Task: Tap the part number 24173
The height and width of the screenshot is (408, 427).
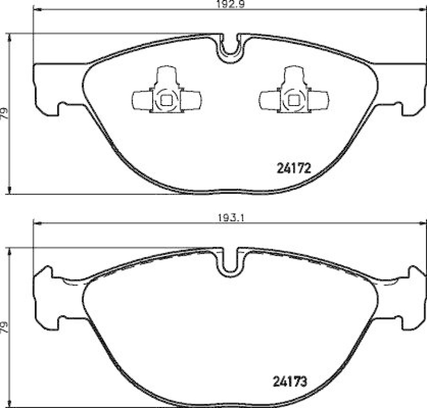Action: pyautogui.click(x=292, y=382)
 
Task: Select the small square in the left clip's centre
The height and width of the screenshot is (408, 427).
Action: pyautogui.click(x=166, y=99)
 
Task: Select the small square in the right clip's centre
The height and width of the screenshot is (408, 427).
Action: pyautogui.click(x=293, y=99)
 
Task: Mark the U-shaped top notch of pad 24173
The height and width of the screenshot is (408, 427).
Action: pyautogui.click(x=230, y=261)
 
